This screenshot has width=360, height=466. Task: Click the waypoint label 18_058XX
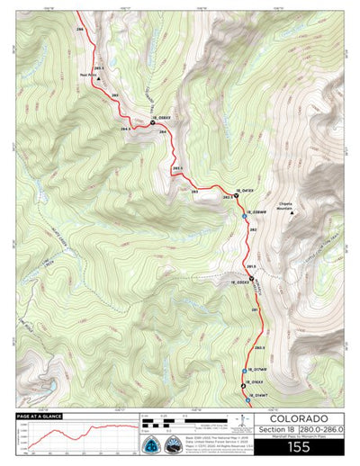tap(161, 117)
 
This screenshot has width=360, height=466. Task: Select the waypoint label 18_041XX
tap(245, 191)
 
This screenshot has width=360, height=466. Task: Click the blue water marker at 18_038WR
tap(245, 216)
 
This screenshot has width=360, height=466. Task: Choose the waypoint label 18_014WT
tap(254, 395)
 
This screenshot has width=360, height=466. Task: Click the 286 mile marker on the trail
tap(80, 31)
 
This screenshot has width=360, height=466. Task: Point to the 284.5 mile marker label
tap(125, 130)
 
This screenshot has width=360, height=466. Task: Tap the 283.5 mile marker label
tap(177, 168)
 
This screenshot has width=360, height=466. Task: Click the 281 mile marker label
tap(255, 310)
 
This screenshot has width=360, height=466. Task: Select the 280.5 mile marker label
tap(259, 346)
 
